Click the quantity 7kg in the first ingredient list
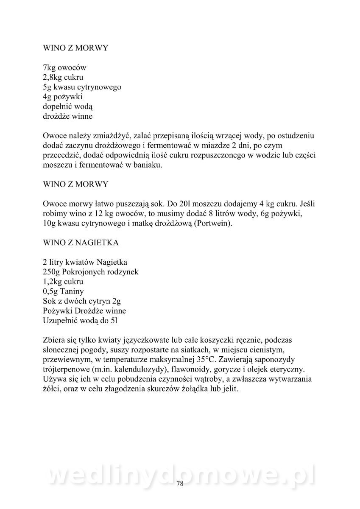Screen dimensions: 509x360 (x=50, y=68)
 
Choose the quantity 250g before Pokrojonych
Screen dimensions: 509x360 (x=52, y=272)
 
